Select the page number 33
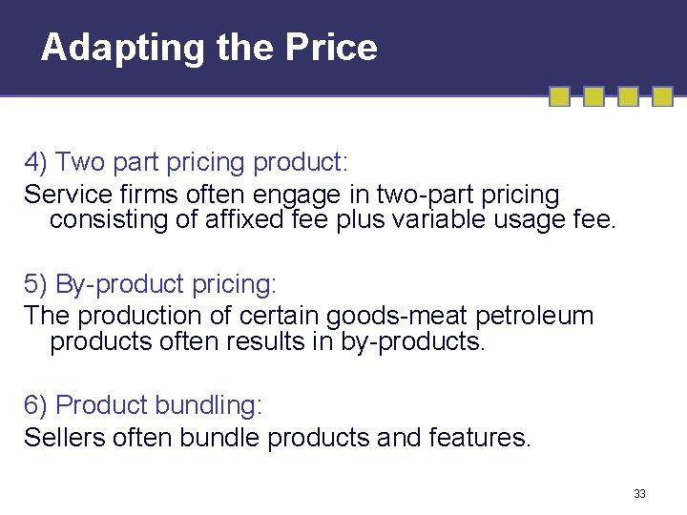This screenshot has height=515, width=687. tap(639, 493)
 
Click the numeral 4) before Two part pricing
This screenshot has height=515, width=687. tap(36, 163)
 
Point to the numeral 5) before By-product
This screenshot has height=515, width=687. tap(36, 284)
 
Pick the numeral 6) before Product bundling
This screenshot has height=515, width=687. tap(36, 405)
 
